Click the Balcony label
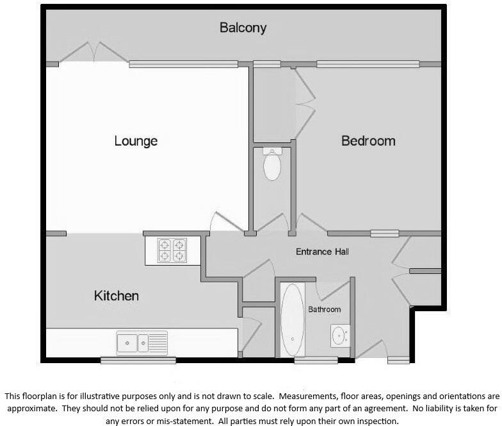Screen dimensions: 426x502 [243, 28]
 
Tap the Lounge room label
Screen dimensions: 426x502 [136, 141]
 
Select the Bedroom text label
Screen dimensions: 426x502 [368, 141]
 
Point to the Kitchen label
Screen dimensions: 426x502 [117, 296]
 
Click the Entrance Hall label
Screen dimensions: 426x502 [322, 251]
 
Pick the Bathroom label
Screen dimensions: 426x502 [325, 309]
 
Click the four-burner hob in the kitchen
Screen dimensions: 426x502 [172, 250]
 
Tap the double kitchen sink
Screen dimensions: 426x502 [142, 343]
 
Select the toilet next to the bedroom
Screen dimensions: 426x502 [272, 164]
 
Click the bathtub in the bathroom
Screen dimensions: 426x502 [293, 319]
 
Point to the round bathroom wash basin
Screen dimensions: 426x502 [339, 336]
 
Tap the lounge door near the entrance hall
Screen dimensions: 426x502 [225, 223]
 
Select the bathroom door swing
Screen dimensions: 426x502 [333, 290]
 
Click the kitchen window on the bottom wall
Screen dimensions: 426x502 [138, 361]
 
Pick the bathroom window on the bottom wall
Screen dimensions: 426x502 [316, 361]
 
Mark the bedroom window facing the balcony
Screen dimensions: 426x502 [368, 64]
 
